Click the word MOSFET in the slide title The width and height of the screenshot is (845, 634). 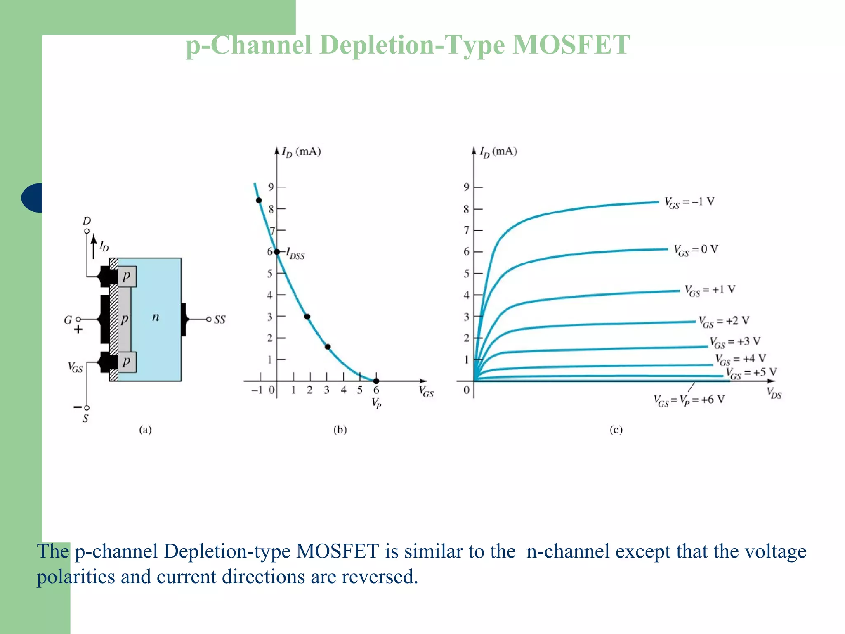(571, 45)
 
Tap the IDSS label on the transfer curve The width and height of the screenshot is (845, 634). (295, 253)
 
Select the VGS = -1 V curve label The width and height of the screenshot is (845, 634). (689, 202)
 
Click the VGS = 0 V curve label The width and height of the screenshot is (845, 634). (696, 250)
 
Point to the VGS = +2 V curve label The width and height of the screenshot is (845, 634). (724, 322)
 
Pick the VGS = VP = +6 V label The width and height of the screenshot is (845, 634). (689, 400)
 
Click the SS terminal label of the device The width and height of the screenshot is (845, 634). (220, 320)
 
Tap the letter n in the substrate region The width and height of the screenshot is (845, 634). (156, 317)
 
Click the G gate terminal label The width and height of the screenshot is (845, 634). (68, 320)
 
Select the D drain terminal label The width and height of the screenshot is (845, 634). (87, 221)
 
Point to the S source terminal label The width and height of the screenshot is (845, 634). (85, 419)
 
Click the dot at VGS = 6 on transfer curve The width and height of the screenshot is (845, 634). (376, 381)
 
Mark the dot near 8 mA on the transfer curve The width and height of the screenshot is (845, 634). (259, 201)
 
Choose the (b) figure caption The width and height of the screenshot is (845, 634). (340, 430)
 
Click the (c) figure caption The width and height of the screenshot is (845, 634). (616, 430)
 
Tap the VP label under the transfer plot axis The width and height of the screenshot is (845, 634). (376, 402)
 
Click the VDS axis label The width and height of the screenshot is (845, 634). (774, 393)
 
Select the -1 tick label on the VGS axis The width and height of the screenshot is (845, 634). (257, 390)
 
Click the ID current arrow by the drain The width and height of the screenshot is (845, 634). (94, 247)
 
